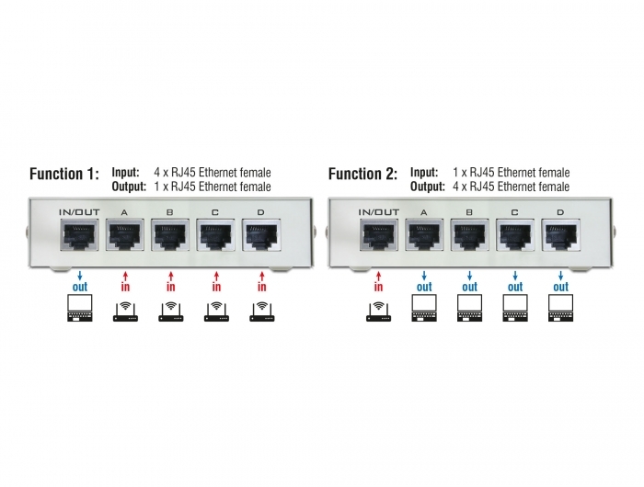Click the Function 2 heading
[x=362, y=175]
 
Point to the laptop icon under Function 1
[x=81, y=310]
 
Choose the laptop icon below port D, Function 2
[x=559, y=310]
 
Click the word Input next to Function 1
[x=125, y=172]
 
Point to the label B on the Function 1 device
[x=170, y=213]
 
